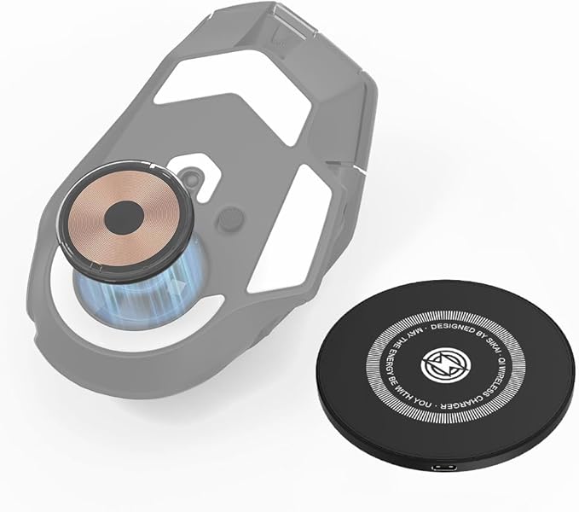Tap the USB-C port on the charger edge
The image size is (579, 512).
pyautogui.click(x=444, y=468)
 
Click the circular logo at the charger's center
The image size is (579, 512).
pyautogui.click(x=442, y=364)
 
